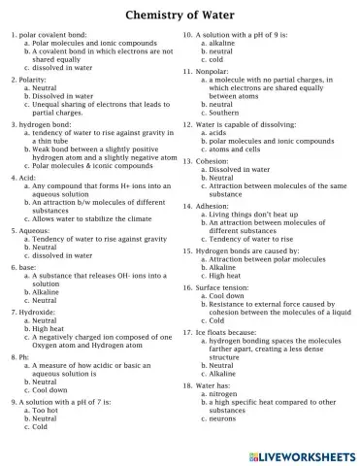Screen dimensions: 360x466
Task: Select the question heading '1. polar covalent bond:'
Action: click(49, 35)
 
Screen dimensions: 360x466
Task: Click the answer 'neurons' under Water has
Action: click(223, 417)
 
